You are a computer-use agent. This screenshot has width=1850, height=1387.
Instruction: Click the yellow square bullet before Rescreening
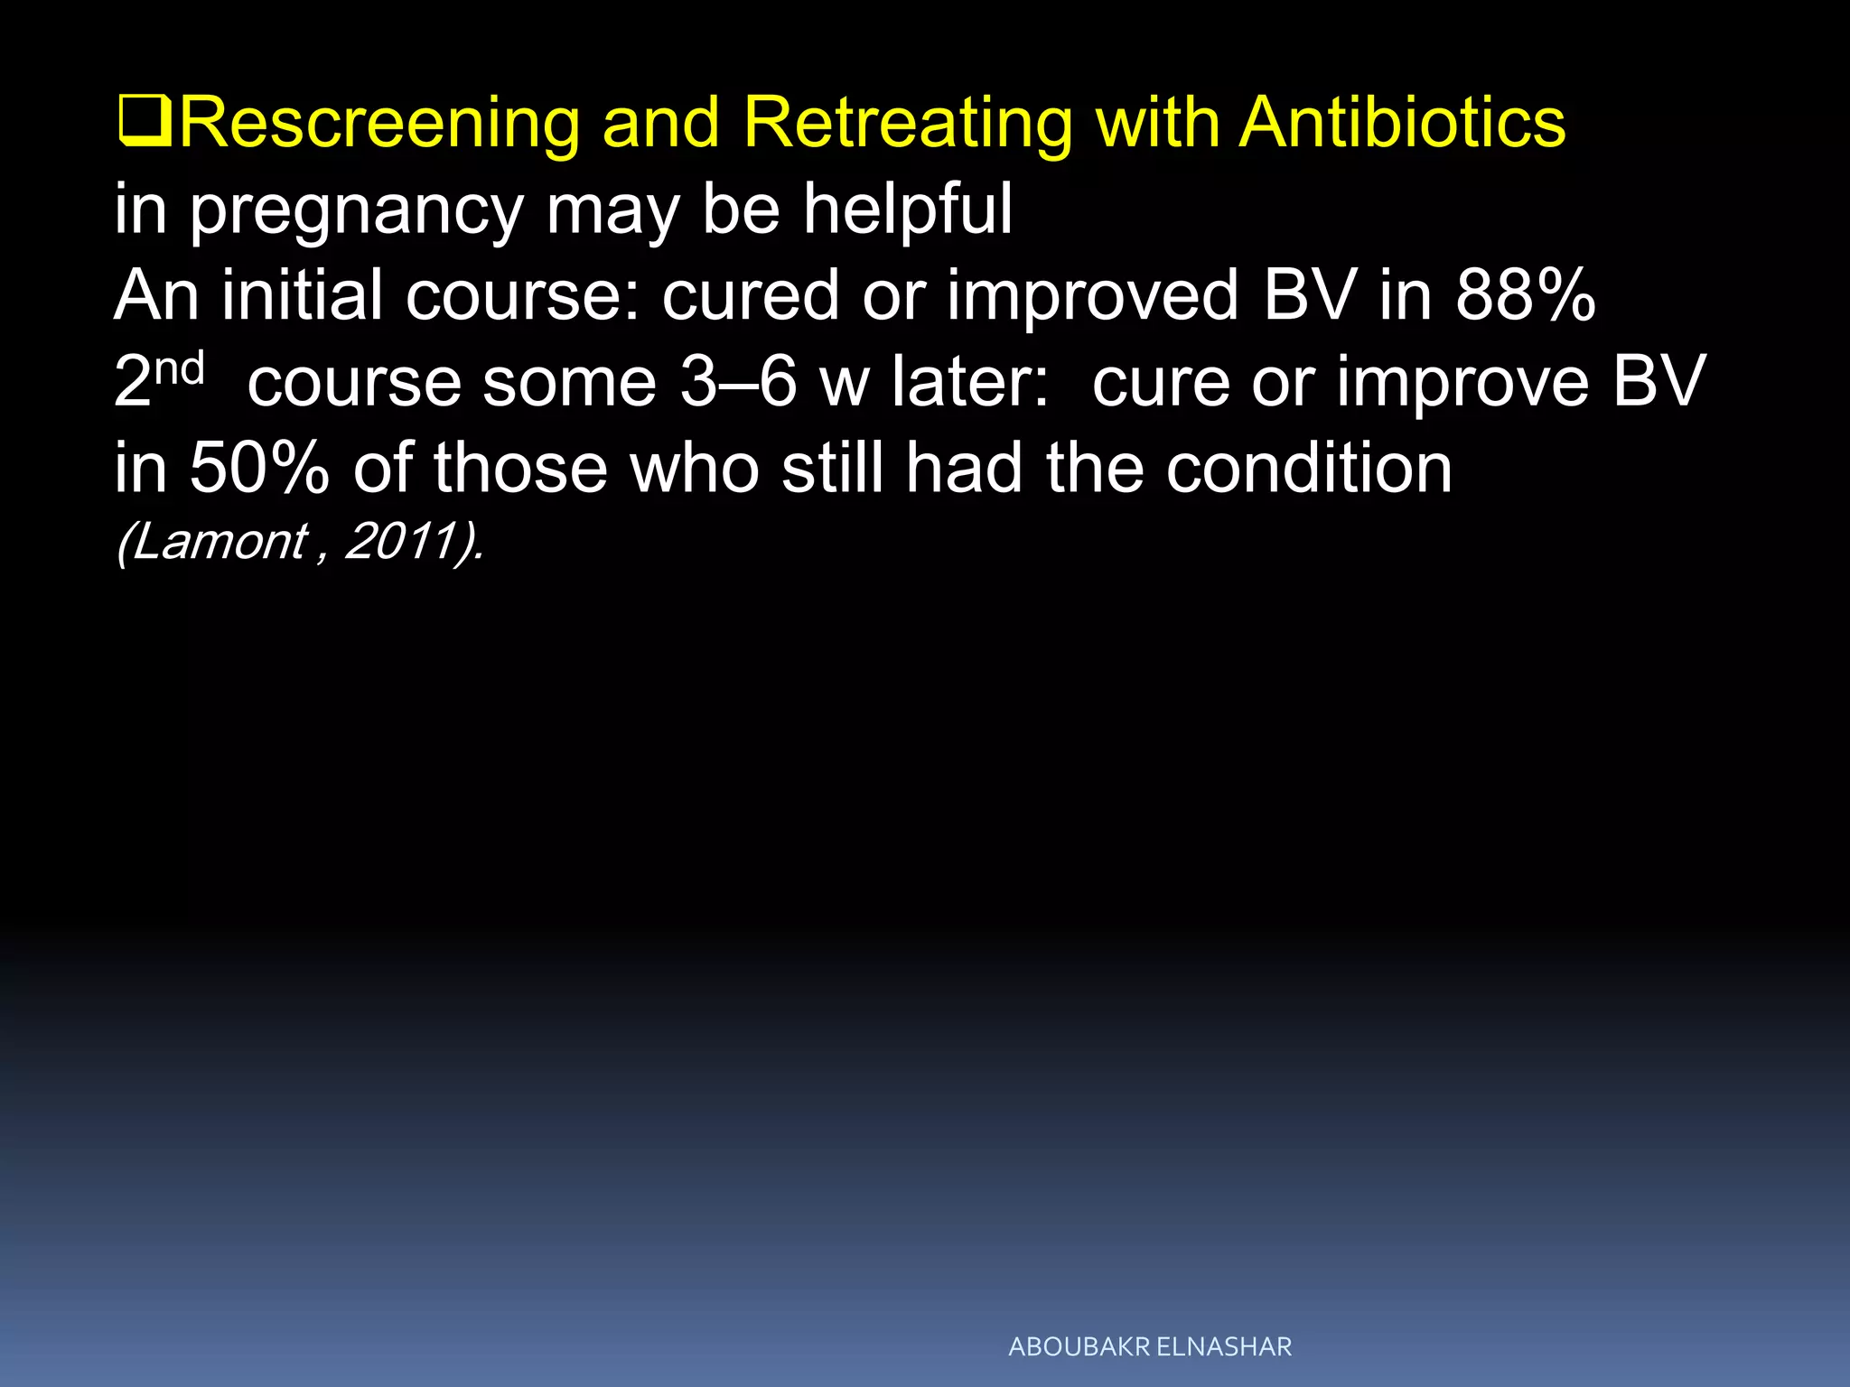(x=145, y=124)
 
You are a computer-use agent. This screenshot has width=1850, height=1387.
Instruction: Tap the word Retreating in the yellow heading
(x=908, y=124)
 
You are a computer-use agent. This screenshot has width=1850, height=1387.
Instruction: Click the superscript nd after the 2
(x=180, y=369)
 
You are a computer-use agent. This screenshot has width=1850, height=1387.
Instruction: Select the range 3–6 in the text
(x=739, y=382)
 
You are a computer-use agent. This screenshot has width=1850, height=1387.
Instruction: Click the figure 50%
(x=259, y=469)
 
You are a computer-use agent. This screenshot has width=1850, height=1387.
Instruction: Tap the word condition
(x=1309, y=469)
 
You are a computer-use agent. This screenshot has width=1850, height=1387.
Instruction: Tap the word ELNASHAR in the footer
(x=1224, y=1347)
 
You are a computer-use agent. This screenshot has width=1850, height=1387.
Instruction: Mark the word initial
(x=303, y=295)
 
